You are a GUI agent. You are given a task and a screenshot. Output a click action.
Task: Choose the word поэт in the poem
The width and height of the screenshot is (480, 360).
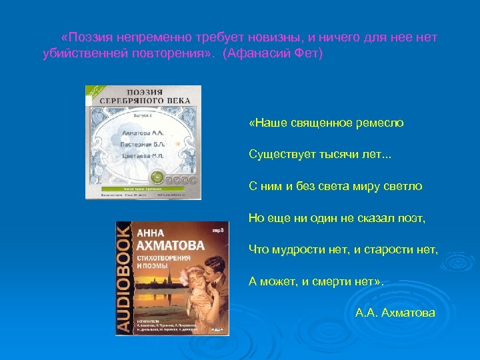click(x=412, y=217)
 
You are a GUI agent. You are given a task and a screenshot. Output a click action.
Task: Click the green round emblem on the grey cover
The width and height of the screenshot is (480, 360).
click(x=157, y=178)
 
